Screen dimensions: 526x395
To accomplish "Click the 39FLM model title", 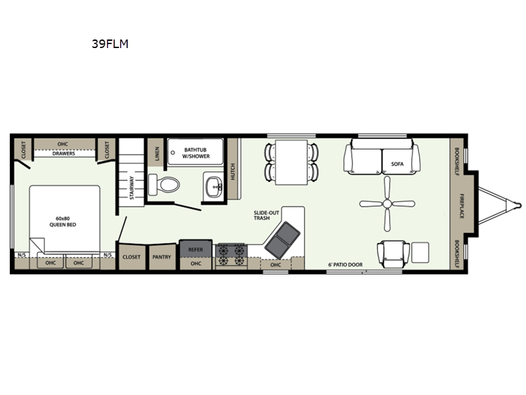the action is coord(110,44).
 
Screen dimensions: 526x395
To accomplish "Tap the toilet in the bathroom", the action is coord(164,184).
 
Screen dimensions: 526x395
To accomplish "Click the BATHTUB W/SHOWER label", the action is coord(195,153).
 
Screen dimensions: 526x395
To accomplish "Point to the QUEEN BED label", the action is coord(62,224).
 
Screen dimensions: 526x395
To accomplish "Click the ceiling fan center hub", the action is coord(387,203).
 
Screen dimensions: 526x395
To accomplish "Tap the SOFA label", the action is coord(397,164).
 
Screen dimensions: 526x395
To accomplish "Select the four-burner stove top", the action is coord(231,255).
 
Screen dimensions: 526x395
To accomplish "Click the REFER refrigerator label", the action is coord(195,250).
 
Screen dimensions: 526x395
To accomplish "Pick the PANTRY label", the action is coord(162,257).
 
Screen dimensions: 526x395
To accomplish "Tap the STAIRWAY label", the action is coord(132,188).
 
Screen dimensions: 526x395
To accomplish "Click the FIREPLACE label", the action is coord(462,206).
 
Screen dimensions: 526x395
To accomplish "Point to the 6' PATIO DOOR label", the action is coord(345,265).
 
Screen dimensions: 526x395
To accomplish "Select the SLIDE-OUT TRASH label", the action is coord(266,215).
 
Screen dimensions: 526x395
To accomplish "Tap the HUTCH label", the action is coord(233,171).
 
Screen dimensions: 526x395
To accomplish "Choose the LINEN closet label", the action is coord(157,153).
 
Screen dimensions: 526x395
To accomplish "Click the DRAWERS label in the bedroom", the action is coord(64,153).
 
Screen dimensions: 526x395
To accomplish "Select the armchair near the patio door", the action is coord(393,253).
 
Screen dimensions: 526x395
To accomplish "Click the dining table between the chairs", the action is coord(291,162).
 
